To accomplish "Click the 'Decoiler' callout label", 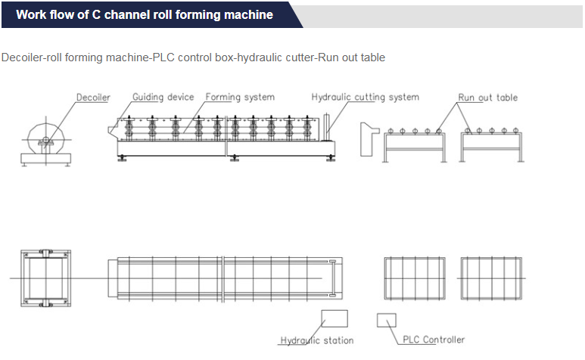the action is (93, 98).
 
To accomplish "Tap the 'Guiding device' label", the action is (163, 98).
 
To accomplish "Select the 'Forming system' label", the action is (240, 98).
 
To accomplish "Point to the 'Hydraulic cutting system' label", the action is (366, 98).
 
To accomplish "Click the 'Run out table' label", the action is (487, 98).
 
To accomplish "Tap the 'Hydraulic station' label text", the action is (317, 340).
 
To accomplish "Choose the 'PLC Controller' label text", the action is (434, 340).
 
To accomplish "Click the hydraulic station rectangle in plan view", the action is (335, 318).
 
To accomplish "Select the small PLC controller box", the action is (387, 320).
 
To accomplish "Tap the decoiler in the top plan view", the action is (46, 278).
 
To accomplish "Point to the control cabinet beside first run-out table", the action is (369, 139).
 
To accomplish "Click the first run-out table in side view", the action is (415, 145).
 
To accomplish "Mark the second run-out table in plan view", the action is (491, 278).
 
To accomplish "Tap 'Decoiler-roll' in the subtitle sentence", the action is (32, 57).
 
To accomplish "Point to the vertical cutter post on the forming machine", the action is (327, 128).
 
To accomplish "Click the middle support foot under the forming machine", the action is (235, 158).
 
